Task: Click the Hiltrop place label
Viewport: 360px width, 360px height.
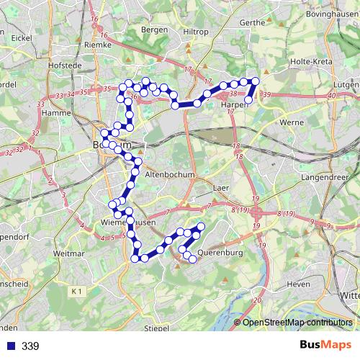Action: [x=195, y=32]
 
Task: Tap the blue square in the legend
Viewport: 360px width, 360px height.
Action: [x=9, y=346]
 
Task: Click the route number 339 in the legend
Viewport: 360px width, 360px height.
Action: [x=30, y=346]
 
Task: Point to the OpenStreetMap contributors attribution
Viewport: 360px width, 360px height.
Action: [x=297, y=323]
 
